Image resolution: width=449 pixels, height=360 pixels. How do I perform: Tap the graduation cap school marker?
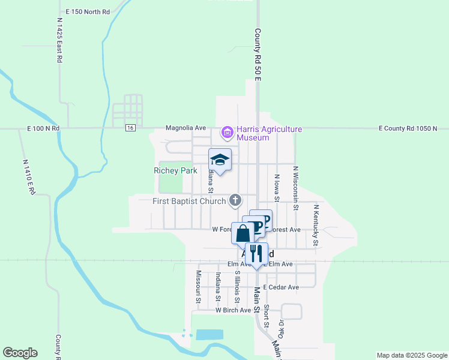click(220, 160)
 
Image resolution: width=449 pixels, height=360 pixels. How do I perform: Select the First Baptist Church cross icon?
click(236, 200)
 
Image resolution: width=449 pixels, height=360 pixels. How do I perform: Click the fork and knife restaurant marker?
click(256, 253)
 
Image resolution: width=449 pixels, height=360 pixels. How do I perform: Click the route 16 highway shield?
click(130, 128)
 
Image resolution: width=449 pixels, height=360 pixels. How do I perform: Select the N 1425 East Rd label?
click(59, 40)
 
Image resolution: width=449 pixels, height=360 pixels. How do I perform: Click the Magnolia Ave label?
click(185, 128)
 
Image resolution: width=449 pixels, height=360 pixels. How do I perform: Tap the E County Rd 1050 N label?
click(408, 128)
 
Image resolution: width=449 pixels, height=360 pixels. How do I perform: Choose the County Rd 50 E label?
click(257, 55)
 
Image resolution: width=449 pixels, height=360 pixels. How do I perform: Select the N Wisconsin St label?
click(295, 184)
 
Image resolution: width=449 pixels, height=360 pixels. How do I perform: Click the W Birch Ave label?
click(233, 310)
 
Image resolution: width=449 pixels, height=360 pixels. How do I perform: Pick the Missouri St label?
click(197, 286)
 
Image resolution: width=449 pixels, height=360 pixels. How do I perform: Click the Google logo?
click(20, 353)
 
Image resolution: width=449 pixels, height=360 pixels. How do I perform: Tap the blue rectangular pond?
click(209, 335)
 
